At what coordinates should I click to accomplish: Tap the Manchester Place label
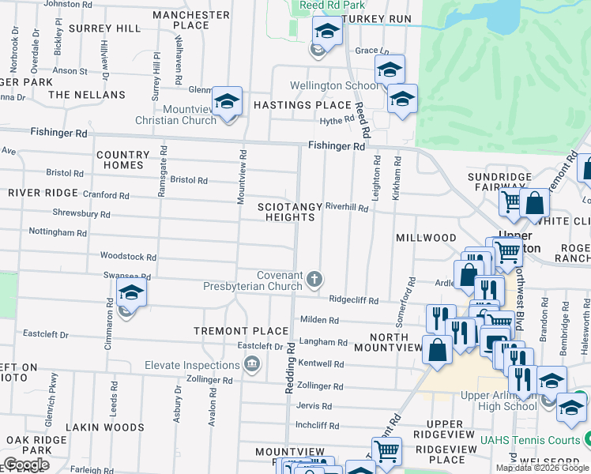tap(191, 20)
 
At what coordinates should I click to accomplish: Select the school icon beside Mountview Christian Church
tap(227, 101)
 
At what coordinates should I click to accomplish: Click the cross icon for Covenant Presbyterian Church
tap(314, 279)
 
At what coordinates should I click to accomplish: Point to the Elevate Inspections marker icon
tap(252, 365)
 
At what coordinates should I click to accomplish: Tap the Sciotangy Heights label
tap(290, 212)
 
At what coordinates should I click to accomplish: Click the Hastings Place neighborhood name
tap(302, 105)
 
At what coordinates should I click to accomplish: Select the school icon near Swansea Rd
tap(131, 294)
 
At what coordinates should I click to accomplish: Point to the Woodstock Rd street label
tap(127, 257)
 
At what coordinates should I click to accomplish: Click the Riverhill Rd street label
tap(347, 208)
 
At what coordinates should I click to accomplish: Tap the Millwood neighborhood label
tap(426, 238)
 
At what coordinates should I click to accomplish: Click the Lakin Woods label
tap(105, 427)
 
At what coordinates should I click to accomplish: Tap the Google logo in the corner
tap(26, 465)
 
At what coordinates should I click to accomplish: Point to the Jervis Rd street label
tap(314, 406)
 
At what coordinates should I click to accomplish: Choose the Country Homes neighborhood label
tap(122, 160)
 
